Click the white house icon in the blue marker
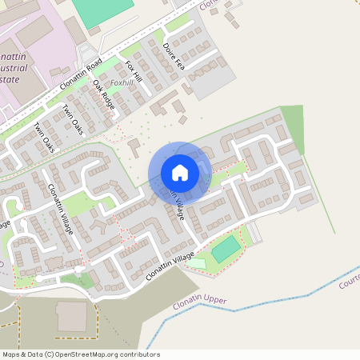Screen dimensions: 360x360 [180, 172]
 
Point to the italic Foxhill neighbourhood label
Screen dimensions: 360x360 [122, 82]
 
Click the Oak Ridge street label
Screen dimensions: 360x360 [103, 94]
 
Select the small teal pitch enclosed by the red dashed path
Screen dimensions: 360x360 [226, 250]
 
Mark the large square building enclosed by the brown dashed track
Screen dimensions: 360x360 [71, 317]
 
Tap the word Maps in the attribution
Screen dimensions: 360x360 [10, 354]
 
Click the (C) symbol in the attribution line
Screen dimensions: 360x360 [50, 354]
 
